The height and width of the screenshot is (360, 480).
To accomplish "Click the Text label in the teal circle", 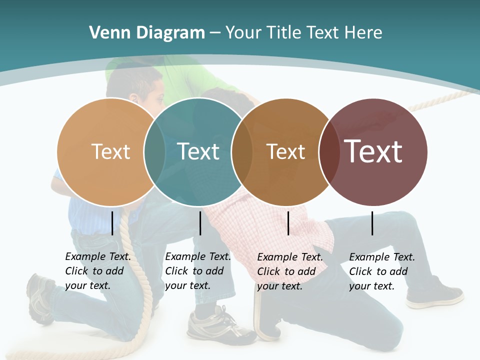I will click(198, 151).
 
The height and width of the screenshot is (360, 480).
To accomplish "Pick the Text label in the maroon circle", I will click(373, 151).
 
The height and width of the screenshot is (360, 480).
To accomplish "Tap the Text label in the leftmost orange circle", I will click(110, 151).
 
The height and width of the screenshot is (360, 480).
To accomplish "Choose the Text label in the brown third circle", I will click(285, 151).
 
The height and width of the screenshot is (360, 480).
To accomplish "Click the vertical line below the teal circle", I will click(200, 223).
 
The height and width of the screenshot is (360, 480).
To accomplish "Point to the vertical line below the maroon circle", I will click(372, 223).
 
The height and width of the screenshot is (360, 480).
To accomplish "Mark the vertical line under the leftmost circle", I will click(112, 223).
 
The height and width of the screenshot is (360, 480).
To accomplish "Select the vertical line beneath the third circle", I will click(288, 223).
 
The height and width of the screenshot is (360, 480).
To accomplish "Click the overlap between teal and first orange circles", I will click(154, 151).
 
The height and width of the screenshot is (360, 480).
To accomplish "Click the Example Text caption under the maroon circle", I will click(381, 271).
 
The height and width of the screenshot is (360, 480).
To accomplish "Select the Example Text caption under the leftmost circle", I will click(97, 271).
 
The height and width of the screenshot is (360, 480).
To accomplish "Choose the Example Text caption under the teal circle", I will click(197, 271).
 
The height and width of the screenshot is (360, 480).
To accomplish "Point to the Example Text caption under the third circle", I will click(289, 271).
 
